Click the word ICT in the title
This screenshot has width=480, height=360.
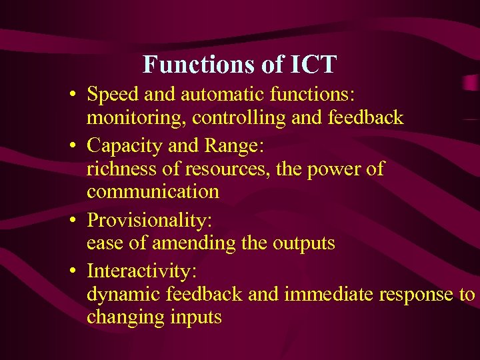tap(313, 65)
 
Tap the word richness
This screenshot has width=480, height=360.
tap(123, 168)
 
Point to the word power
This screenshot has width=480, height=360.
tap(331, 168)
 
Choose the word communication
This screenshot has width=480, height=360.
tap(153, 192)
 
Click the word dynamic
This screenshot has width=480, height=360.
tap(124, 294)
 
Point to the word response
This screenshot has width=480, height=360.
tap(417, 294)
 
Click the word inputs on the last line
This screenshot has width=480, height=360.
tap(194, 317)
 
